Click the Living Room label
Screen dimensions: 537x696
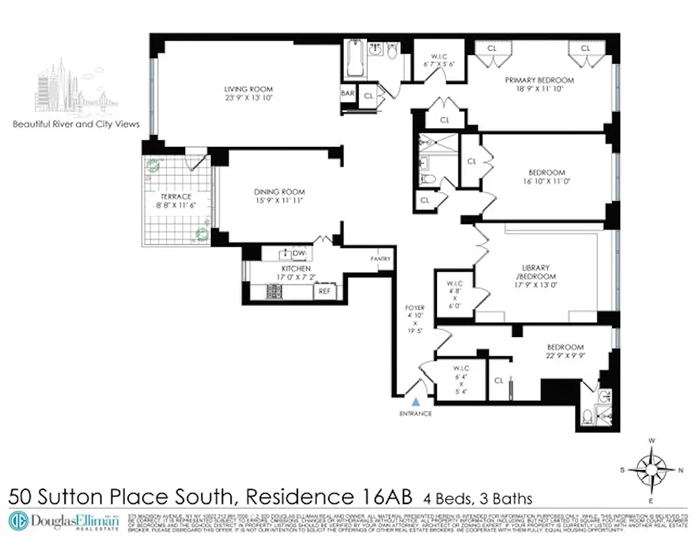[248, 93]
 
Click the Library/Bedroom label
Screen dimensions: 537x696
[535, 275]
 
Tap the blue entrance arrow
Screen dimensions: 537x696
[416, 402]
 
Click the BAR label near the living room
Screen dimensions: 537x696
[348, 93]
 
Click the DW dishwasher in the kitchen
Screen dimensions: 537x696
[299, 253]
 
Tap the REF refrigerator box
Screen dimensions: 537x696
[324, 292]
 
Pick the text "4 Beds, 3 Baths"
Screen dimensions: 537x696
[477, 498]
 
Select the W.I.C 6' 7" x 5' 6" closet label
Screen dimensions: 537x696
[440, 59]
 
